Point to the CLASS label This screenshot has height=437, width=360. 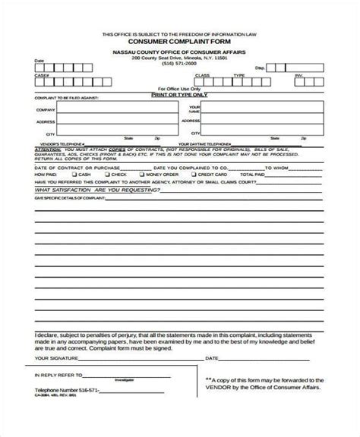click(x=202, y=76)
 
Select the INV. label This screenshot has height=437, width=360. click(x=298, y=76)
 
